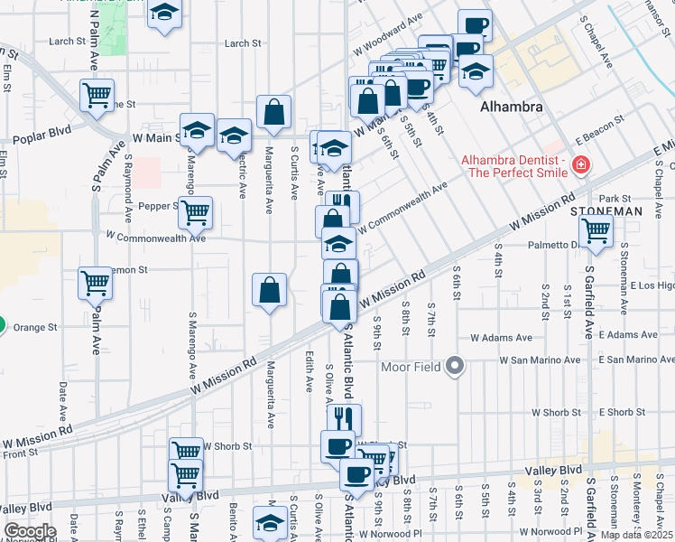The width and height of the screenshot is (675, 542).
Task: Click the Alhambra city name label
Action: (511, 107)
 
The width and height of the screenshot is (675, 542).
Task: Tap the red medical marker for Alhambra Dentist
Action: (579, 164)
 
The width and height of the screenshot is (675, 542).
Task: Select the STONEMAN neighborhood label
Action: (606, 210)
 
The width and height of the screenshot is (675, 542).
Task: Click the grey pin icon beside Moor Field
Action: (456, 367)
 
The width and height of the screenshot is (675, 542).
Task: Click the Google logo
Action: (30, 531)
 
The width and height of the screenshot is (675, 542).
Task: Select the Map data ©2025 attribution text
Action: (636, 535)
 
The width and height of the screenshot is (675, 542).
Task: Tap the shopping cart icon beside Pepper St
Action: (195, 212)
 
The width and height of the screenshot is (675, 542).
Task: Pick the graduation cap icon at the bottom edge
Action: (269, 522)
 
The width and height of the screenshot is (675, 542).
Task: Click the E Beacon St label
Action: (599, 132)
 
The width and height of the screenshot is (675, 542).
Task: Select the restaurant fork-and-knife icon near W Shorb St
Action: (344, 418)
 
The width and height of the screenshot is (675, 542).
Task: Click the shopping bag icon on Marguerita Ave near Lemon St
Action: (269, 290)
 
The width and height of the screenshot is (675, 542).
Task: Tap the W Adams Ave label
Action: (498, 337)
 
